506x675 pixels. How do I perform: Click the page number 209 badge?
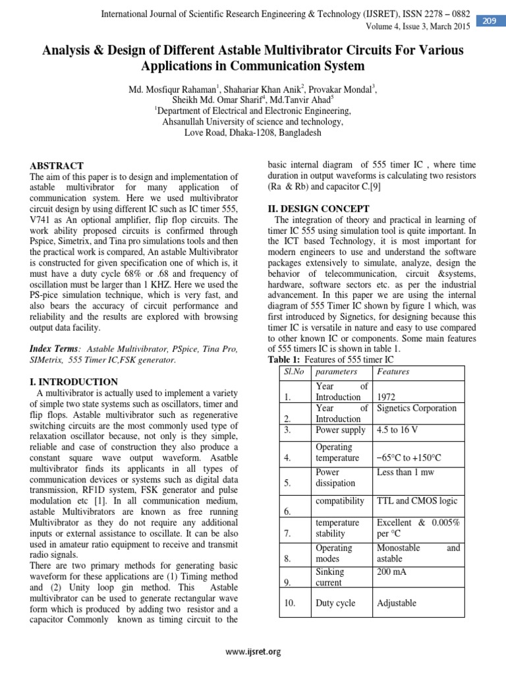click(490, 21)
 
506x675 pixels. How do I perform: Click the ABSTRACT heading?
click(57, 166)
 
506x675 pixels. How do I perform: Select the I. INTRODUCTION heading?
click(74, 382)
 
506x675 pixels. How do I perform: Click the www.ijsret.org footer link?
click(253, 652)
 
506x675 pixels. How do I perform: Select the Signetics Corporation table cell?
click(416, 408)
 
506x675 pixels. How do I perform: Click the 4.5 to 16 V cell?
click(400, 430)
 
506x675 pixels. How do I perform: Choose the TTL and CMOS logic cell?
click(416, 501)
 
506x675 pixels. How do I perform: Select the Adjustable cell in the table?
click(397, 602)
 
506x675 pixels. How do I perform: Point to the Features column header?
click(393, 371)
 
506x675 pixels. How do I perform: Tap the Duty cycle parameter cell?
click(335, 602)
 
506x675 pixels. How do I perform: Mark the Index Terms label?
click(55, 349)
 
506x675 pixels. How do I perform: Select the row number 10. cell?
click(291, 602)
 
